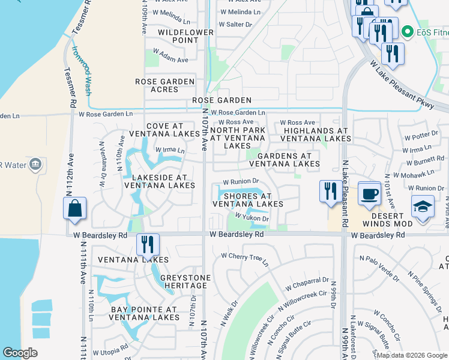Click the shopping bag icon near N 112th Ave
coord(74,209)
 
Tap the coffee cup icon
coord(369,193)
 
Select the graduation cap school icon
coord(423,206)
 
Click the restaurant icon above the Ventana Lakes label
coord(148,244)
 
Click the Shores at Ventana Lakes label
coord(248,200)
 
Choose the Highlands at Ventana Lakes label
coord(316,134)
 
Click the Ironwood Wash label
coord(82,71)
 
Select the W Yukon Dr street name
coord(252,218)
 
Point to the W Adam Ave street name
coord(170,59)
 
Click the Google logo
coord(20,353)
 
